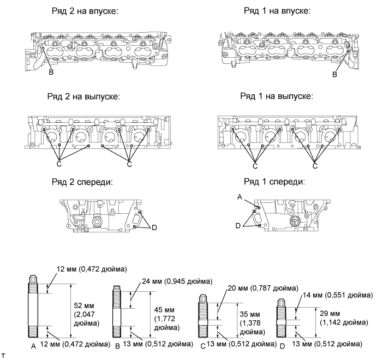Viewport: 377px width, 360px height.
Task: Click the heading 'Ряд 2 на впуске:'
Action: (85, 11)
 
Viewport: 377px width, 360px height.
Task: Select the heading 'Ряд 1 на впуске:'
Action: (277, 11)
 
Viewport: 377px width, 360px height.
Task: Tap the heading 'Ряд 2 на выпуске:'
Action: (83, 97)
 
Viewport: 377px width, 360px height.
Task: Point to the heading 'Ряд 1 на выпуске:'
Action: (277, 96)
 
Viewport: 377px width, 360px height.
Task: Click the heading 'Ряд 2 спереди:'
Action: (82, 182)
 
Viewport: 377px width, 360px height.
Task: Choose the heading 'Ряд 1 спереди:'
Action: (274, 182)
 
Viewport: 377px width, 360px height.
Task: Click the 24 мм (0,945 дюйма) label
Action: (177, 281)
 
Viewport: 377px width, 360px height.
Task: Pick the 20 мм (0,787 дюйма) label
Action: (263, 287)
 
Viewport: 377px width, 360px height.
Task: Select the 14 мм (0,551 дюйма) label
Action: (338, 295)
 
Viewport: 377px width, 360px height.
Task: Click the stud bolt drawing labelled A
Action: (33, 307)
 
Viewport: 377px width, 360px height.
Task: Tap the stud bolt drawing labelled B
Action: (117, 312)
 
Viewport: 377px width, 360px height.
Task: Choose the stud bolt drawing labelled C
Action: (203, 316)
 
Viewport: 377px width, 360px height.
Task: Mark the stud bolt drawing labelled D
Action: (282, 318)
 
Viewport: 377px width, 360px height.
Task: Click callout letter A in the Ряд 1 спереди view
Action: (240, 197)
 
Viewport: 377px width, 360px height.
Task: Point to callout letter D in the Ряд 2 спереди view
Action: (154, 227)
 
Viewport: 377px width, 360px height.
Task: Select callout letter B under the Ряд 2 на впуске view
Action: (51, 72)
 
